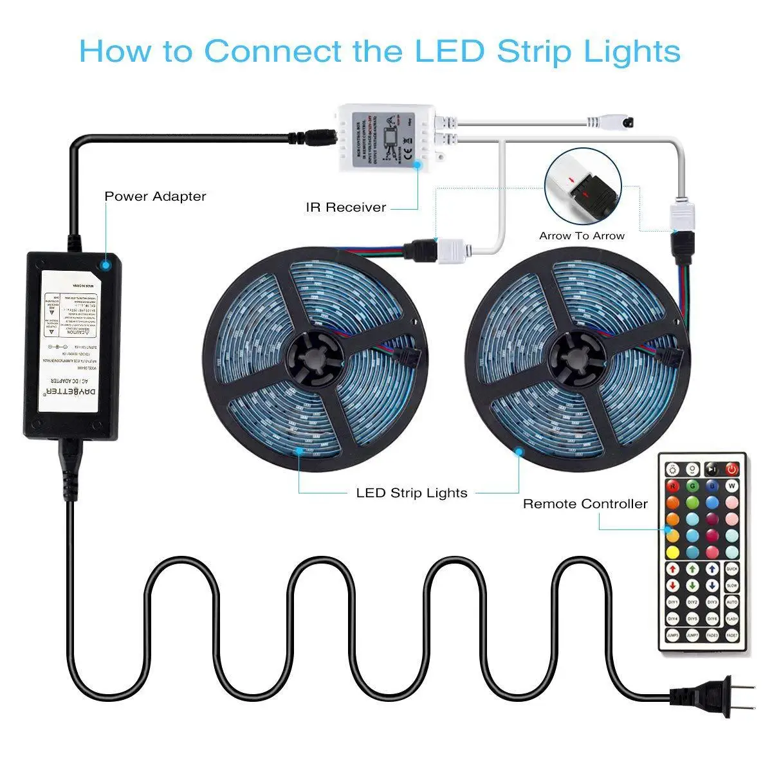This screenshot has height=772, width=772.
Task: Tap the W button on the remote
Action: (x=731, y=485)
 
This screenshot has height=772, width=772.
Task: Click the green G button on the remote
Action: (x=693, y=485)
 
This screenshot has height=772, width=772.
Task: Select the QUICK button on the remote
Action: (x=731, y=569)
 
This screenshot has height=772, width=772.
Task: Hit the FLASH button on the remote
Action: (x=731, y=619)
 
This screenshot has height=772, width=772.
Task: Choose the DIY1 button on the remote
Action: (x=673, y=602)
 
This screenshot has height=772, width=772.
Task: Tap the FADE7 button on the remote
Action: (x=731, y=636)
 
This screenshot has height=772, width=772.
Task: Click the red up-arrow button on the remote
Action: (x=673, y=569)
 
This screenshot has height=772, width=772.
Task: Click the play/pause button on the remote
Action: (x=712, y=468)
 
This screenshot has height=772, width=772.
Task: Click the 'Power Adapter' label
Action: (x=155, y=196)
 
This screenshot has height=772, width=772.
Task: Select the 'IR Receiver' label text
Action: (x=346, y=207)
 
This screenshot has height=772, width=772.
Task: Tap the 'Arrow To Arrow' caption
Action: (x=582, y=235)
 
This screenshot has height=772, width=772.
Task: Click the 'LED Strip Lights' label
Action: (x=412, y=493)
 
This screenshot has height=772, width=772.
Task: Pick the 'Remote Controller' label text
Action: (x=585, y=504)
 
